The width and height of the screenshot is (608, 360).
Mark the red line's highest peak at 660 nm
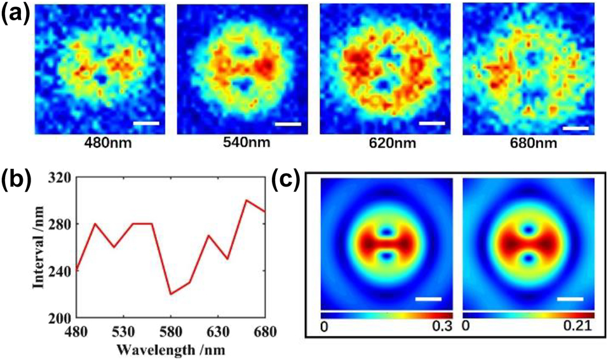click(x=246, y=201)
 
